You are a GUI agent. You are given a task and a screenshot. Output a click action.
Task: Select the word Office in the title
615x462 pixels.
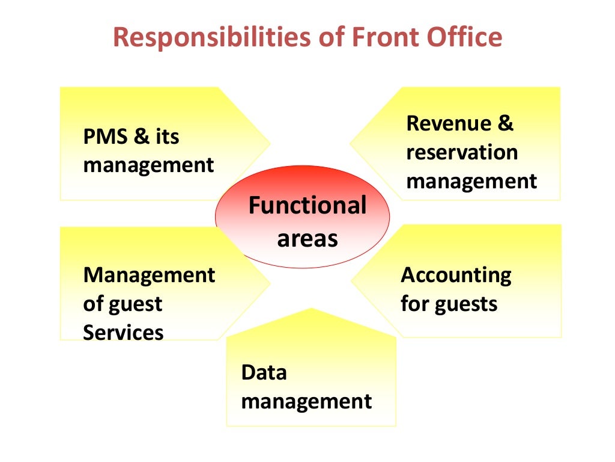pos(462,37)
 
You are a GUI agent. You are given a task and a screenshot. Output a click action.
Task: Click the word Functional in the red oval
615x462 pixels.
pos(307,206)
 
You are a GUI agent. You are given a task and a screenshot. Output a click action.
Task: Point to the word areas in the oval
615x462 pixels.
pos(307,239)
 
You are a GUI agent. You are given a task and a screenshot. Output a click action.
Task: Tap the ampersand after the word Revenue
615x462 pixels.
pos(505,123)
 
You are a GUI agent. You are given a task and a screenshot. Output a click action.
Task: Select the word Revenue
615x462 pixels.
pos(447,123)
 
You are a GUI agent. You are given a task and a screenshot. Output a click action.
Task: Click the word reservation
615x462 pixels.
pos(461,152)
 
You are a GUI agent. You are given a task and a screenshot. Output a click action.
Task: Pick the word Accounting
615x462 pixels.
pos(456,275)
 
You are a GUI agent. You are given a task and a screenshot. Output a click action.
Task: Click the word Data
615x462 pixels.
pos(264,372)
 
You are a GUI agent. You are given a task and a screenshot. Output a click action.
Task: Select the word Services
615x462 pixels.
pos(123,332)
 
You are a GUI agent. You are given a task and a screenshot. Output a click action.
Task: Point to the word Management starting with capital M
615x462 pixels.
pos(149,275)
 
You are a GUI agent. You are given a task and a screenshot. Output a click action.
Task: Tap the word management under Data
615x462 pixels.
pos(306,401)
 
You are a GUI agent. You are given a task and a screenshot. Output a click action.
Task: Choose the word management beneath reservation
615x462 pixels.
pos(471,180)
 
